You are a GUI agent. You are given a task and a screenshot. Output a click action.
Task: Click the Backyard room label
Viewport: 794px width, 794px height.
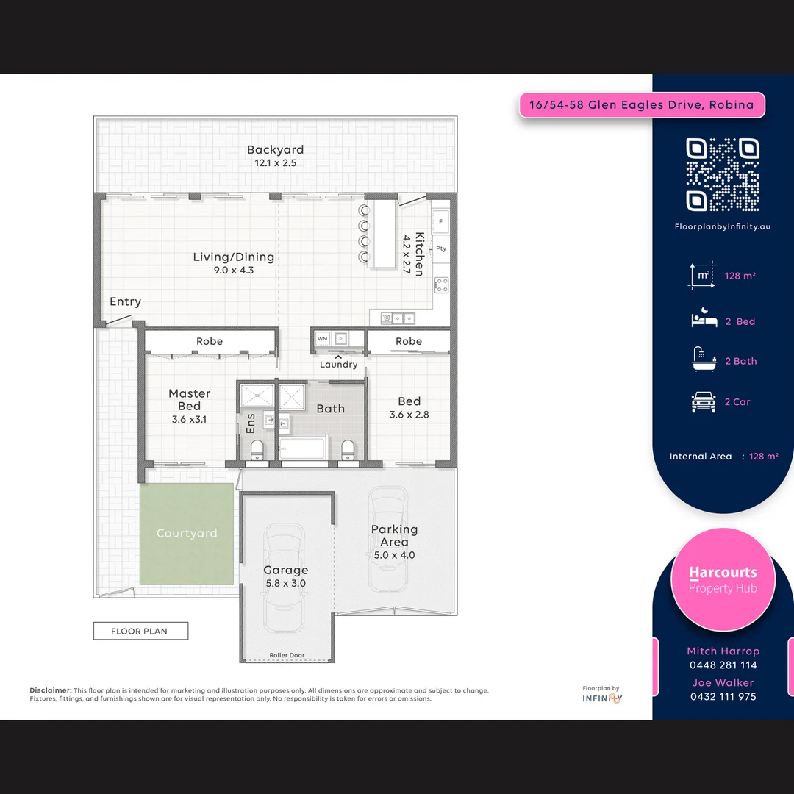coord(275,150)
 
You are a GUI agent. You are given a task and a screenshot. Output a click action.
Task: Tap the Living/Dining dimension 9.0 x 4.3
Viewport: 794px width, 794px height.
coord(233,271)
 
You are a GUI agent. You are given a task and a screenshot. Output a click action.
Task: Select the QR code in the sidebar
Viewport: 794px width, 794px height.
coord(723,174)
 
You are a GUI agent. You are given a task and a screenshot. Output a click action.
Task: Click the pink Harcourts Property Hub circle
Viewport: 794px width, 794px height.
coord(723,579)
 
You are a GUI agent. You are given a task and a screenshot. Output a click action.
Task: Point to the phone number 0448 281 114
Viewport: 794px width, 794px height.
coord(723,665)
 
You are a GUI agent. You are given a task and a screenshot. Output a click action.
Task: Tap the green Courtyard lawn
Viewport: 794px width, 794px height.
coord(187,533)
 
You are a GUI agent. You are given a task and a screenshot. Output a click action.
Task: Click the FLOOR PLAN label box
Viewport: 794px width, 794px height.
coord(140,631)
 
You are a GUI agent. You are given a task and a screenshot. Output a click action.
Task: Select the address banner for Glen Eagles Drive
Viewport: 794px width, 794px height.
coord(642,105)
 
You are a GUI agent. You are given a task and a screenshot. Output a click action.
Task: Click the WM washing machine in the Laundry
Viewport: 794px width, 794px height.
coord(323,339)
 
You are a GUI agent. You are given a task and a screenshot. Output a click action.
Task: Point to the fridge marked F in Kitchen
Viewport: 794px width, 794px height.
coord(441,221)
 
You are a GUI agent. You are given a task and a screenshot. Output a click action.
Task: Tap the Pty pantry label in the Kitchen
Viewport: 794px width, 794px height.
coord(441,248)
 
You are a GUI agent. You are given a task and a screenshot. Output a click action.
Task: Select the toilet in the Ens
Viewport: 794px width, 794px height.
coord(257,450)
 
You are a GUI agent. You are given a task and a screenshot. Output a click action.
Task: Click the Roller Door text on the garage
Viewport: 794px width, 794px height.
coord(287,655)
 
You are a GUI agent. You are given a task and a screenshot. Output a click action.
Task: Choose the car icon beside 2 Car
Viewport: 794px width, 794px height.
coord(704,402)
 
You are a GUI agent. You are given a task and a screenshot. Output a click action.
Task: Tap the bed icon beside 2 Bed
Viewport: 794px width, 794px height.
coord(704,320)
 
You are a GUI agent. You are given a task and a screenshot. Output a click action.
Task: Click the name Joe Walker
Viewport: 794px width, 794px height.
coord(723,682)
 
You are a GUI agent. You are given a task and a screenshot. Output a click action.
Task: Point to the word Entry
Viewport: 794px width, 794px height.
coord(125,301)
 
